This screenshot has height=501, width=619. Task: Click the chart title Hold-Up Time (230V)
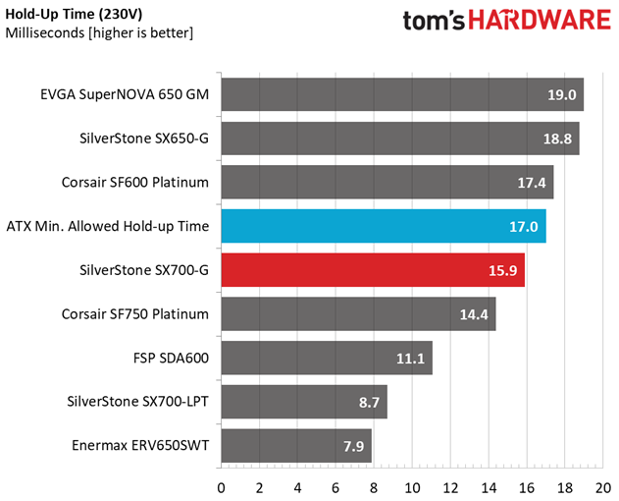coord(75,14)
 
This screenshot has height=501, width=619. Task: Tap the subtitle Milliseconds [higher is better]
coord(98,33)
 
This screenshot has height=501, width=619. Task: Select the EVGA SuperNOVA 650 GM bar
coord(402,95)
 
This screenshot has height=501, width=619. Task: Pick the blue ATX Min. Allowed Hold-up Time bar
coord(383,226)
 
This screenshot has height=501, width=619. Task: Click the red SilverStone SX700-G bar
coord(373,270)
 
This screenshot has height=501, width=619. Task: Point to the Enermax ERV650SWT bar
coord(296,446)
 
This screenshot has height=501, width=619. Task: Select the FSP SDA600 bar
coord(326,359)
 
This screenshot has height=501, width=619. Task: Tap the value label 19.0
coord(560,96)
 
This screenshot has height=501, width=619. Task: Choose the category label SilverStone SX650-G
coord(145,139)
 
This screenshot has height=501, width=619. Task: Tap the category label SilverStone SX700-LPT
coord(138,402)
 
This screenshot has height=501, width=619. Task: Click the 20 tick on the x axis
coord(603,487)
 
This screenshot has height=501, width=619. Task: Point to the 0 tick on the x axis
coord(221,487)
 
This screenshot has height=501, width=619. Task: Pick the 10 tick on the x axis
coord(412,487)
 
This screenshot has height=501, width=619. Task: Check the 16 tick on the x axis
coord(527,487)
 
